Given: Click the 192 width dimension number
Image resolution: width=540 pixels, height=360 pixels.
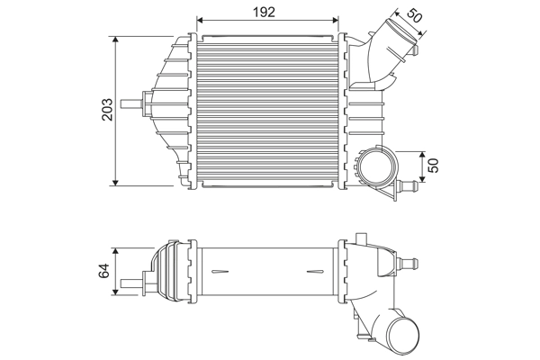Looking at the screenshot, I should pyautogui.click(x=264, y=12).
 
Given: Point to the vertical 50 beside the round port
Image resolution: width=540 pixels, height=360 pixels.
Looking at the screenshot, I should pyautogui.click(x=434, y=166).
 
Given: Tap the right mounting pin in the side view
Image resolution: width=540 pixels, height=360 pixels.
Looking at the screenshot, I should pyautogui.click(x=411, y=264).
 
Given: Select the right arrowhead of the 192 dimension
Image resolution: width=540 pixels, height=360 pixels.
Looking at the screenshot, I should pyautogui.click(x=337, y=21).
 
